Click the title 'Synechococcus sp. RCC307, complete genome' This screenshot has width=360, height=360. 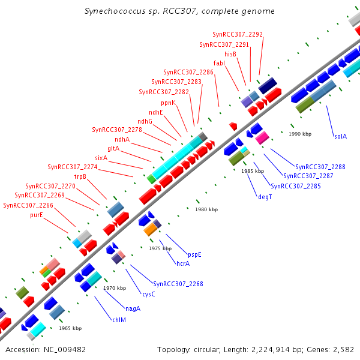(180, 11)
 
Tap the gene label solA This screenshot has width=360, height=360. (340, 136)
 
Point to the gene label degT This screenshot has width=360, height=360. (265, 196)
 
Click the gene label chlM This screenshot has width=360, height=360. (119, 320)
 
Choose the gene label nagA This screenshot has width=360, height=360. (133, 308)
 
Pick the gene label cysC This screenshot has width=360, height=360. (148, 294)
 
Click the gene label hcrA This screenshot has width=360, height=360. (182, 263)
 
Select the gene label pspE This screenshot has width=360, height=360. (194, 254)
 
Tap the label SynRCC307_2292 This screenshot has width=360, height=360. (238, 34)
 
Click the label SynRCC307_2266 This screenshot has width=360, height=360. (28, 205)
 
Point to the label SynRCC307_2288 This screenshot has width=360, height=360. (320, 166)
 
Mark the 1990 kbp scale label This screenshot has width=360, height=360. (300, 134)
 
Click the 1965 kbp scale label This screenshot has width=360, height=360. (70, 328)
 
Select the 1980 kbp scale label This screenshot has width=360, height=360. (206, 209)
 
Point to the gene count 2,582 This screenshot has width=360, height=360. (342, 349)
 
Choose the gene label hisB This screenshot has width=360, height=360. (230, 54)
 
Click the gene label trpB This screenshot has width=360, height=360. (80, 176)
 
